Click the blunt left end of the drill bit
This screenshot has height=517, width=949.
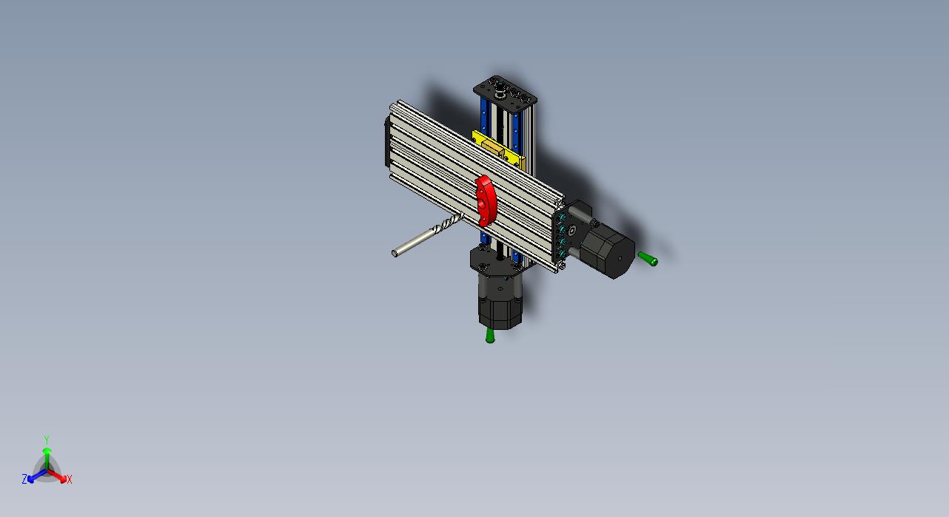click(x=395, y=254)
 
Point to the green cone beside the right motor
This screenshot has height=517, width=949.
click(x=648, y=258)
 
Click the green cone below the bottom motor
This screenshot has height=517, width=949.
click(x=490, y=336)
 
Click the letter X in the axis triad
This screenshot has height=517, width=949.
click(x=70, y=479)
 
